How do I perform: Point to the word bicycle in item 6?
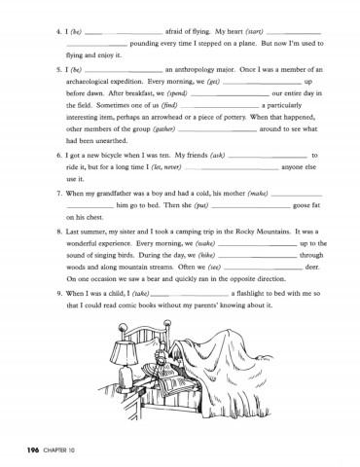point(128,155)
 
